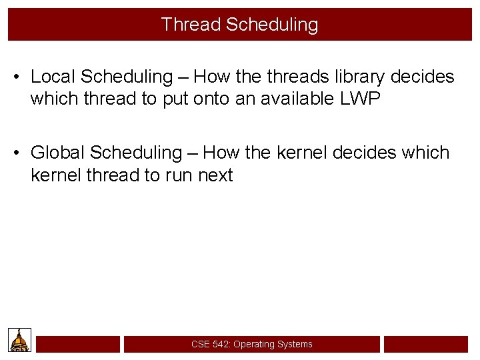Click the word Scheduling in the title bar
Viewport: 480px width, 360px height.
[x=272, y=25]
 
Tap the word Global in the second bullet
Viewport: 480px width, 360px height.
[x=58, y=153]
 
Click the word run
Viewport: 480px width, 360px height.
[x=175, y=176]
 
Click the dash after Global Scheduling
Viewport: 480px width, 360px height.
[x=192, y=153]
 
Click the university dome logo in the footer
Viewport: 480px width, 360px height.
[x=19, y=340]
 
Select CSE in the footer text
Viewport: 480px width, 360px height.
[x=200, y=344]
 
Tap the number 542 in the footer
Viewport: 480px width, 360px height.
[x=221, y=344]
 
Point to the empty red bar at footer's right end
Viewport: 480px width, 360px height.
[x=425, y=344]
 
